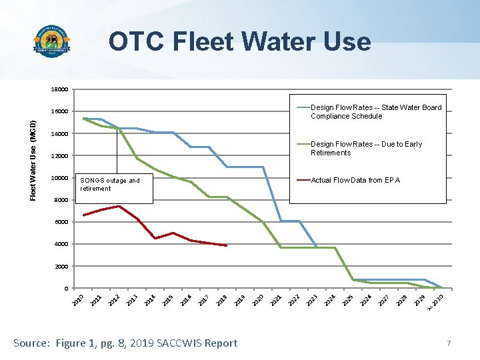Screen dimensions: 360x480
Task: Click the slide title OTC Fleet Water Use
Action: tap(240, 41)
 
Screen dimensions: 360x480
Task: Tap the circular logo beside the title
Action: tap(52, 43)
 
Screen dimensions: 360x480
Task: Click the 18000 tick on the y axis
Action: tap(59, 89)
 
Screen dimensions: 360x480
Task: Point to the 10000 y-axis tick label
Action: tap(59, 178)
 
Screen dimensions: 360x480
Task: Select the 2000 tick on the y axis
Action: tap(61, 267)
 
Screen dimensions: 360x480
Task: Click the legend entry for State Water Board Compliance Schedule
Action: tap(375, 112)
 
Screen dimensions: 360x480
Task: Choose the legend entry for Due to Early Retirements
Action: tap(366, 149)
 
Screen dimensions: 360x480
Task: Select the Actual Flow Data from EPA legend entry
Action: tap(355, 180)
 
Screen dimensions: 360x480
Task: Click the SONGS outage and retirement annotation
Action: tap(110, 185)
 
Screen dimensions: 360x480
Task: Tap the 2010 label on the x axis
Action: tap(78, 301)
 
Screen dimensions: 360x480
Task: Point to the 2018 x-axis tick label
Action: tap(223, 301)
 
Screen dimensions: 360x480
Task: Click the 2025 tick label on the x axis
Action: tap(348, 301)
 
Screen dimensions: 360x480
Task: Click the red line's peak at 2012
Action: tap(119, 206)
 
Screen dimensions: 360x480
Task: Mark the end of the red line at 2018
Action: tap(227, 245)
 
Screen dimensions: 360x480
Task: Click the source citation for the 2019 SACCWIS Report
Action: tap(125, 343)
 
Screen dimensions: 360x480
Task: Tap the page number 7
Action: tap(449, 343)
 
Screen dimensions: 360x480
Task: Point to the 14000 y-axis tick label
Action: tap(59, 134)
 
